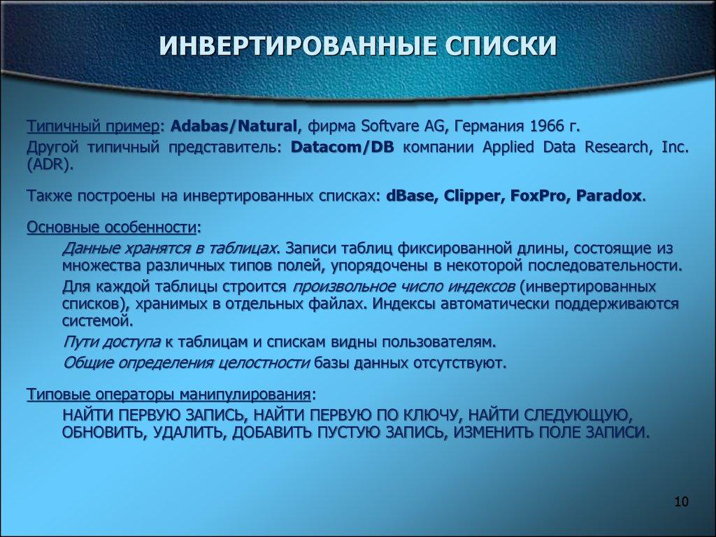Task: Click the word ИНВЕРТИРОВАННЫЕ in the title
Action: (289, 47)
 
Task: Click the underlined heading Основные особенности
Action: (112, 228)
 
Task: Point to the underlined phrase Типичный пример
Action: (92, 127)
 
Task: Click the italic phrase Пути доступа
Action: (112, 341)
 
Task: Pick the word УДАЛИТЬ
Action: (186, 431)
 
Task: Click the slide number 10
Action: (681, 502)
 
